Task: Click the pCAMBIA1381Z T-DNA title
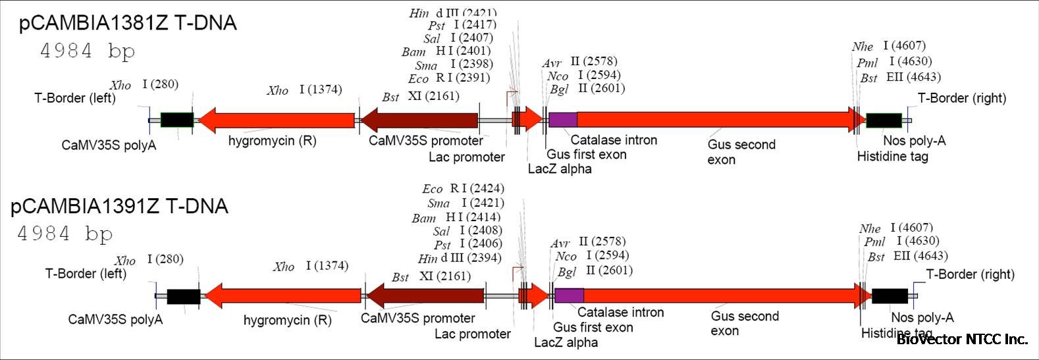tap(128, 23)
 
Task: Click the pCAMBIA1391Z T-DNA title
tap(119, 207)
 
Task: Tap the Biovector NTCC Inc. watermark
tap(961, 340)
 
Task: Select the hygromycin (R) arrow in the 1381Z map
tap(277, 120)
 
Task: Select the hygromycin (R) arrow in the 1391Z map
tap(284, 296)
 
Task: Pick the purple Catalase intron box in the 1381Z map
tap(563, 119)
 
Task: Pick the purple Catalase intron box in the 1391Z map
tap(569, 296)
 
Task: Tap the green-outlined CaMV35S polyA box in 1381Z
tap(176, 120)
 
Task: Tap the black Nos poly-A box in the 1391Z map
tap(890, 296)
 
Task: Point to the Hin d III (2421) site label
tap(453, 13)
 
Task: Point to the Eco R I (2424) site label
tap(463, 189)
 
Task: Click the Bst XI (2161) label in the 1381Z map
tap(421, 97)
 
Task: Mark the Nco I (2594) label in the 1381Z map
tap(583, 75)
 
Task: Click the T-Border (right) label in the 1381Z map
tap(962, 98)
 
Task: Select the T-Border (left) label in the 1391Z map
tap(86, 273)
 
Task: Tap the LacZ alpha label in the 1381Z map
tap(560, 168)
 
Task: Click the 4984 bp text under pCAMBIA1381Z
tap(88, 51)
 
